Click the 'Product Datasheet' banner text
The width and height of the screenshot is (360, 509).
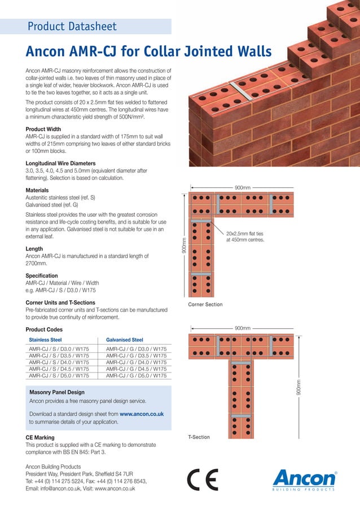[x=72, y=26]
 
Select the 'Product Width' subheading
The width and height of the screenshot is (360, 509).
[x=43, y=129]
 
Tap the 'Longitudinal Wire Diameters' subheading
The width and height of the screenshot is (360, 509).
[x=60, y=164]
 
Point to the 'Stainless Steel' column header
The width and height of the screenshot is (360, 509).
[x=45, y=340]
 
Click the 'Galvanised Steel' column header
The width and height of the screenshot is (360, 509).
[x=124, y=340]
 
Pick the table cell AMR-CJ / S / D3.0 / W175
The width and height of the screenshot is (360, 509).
[x=59, y=350]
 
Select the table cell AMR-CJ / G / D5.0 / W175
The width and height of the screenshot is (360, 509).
[x=136, y=375]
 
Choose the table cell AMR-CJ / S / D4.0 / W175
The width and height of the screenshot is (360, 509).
[x=59, y=363]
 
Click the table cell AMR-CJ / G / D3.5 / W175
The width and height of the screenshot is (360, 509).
[x=136, y=356]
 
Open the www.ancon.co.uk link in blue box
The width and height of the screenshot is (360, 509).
[x=142, y=414]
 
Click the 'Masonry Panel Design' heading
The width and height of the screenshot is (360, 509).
[x=56, y=392]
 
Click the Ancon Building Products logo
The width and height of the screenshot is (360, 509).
[x=304, y=481]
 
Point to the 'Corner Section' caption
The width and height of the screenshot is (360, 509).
[x=205, y=305]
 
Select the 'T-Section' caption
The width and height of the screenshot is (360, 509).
[x=198, y=437]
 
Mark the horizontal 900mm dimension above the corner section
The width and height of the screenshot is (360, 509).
[x=243, y=187]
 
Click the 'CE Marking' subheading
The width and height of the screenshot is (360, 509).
[x=40, y=437]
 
